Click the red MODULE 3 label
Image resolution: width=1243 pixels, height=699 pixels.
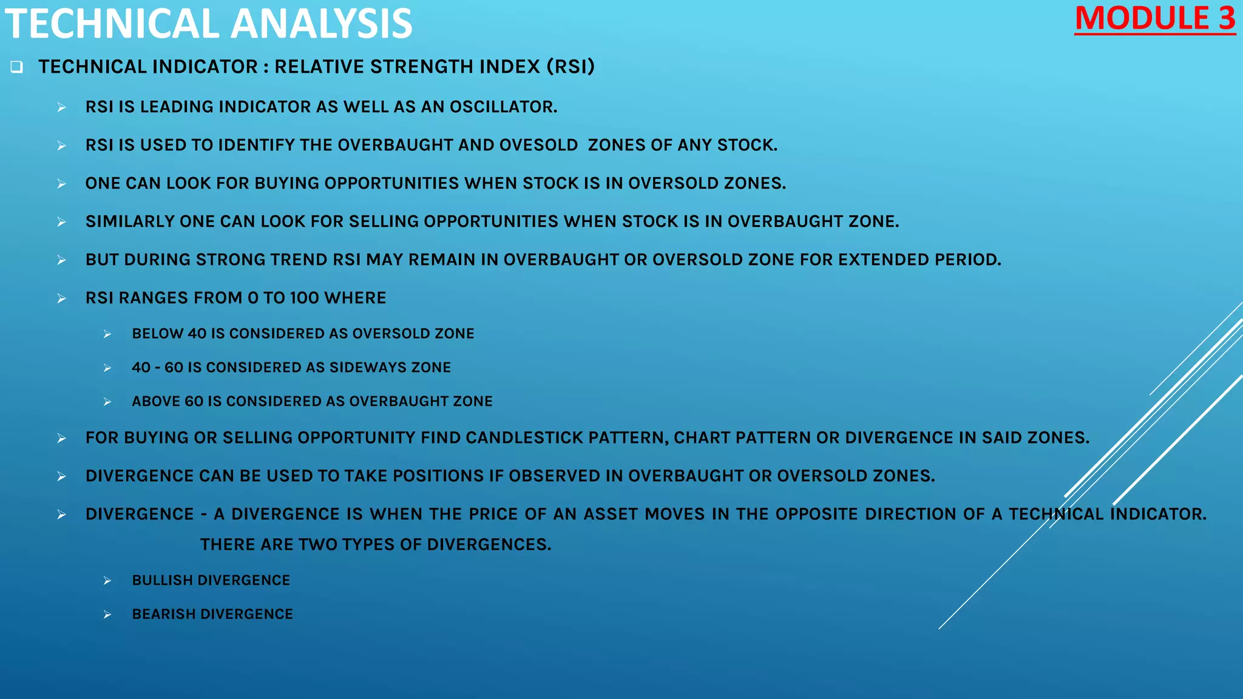pos(1154,19)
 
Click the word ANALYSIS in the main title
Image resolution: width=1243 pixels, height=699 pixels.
pos(321,24)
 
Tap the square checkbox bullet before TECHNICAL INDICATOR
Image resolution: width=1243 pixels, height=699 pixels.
pos(16,67)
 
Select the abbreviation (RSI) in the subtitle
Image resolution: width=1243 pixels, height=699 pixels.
pos(571,67)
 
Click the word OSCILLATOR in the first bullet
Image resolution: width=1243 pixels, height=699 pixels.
pos(503,107)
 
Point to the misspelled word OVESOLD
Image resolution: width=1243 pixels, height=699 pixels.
pos(538,145)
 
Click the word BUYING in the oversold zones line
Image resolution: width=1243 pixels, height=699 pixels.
pos(286,183)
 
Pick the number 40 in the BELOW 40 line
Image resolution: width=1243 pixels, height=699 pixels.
pos(197,334)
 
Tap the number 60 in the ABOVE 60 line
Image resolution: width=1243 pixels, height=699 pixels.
pos(194,402)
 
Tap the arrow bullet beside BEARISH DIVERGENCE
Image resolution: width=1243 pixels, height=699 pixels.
pos(107,615)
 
